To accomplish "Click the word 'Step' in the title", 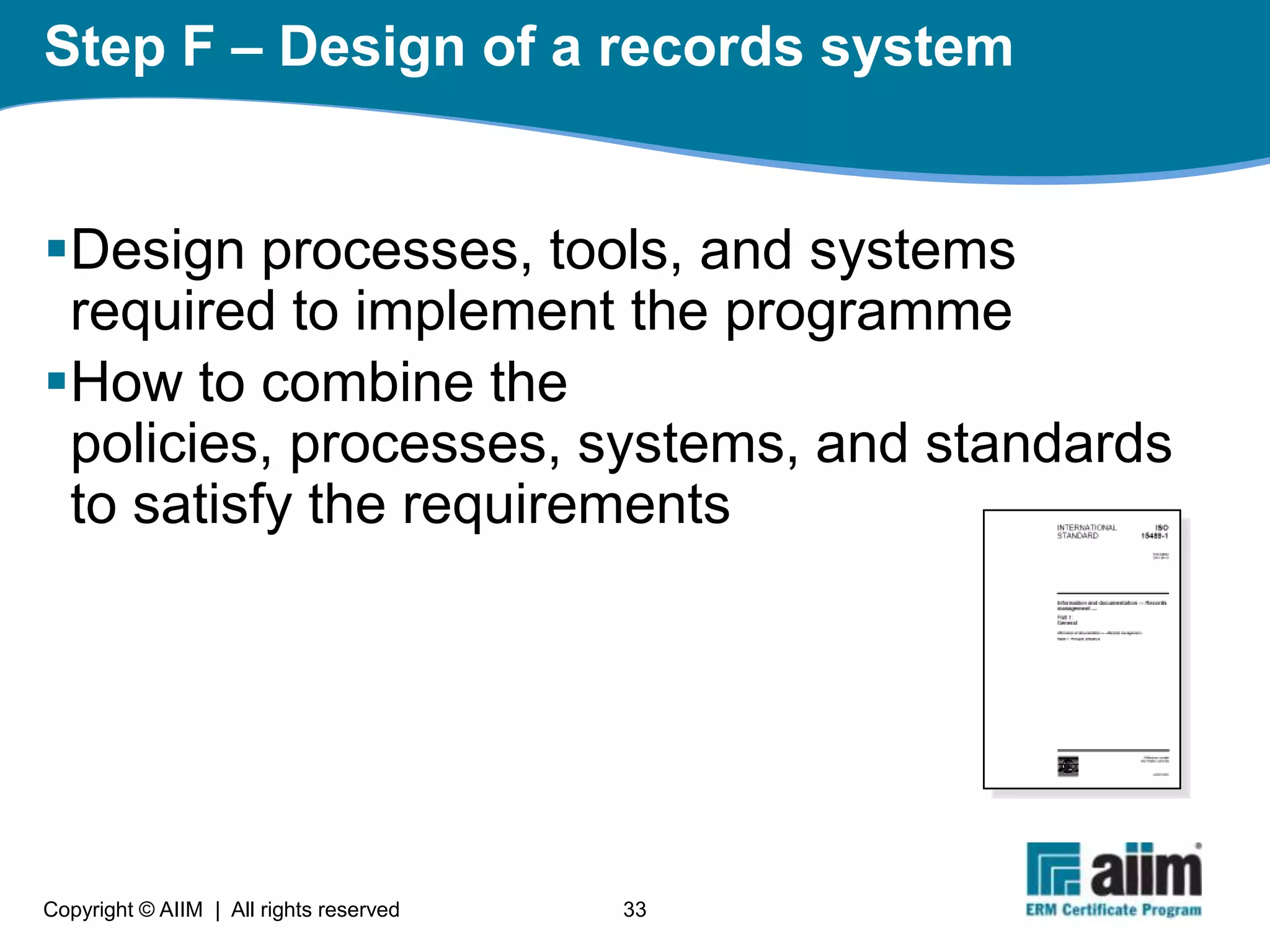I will [x=105, y=48].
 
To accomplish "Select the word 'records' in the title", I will [x=700, y=48].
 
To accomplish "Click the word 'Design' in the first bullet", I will [x=158, y=251].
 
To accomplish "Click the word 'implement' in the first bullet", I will [x=484, y=312].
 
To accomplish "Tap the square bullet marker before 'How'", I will [x=56, y=381].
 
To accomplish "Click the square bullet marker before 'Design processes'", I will [x=56, y=249].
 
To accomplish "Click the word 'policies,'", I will [x=171, y=444].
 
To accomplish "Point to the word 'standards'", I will [x=1048, y=444].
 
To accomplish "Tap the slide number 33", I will [x=634, y=909].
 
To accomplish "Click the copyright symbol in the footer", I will [x=146, y=909].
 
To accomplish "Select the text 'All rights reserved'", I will [x=315, y=909].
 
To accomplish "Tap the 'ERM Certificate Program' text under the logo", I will [x=1113, y=910].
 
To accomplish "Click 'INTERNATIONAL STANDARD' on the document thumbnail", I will [x=1086, y=532].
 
